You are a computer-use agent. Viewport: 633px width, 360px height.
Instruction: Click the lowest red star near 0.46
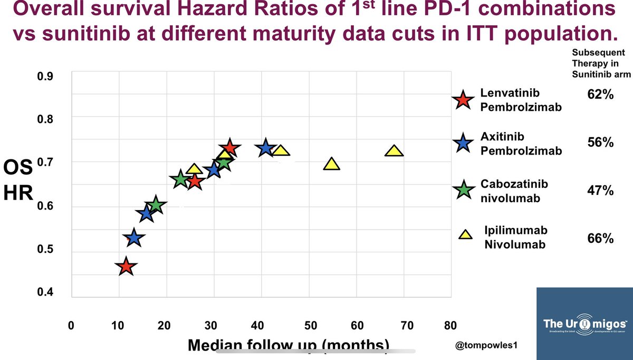point(125,267)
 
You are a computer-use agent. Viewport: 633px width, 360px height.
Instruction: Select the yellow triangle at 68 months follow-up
point(394,151)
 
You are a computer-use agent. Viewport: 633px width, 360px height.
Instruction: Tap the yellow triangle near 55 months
point(331,164)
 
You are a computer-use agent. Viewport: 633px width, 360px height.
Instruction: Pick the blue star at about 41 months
point(266,148)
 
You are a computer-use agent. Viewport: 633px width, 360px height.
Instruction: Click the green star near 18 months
point(156,205)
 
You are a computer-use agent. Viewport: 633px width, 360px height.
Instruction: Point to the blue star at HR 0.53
point(134,238)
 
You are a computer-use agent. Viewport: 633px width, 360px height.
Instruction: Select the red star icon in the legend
point(463,99)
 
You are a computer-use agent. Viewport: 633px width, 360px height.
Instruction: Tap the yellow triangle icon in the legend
point(465,235)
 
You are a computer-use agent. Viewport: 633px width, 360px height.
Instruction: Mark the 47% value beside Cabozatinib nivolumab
point(600,191)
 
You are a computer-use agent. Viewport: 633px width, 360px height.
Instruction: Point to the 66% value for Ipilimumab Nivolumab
point(600,239)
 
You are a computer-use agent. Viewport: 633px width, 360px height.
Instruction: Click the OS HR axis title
point(18,181)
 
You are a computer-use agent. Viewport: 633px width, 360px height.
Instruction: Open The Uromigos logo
point(584,324)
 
